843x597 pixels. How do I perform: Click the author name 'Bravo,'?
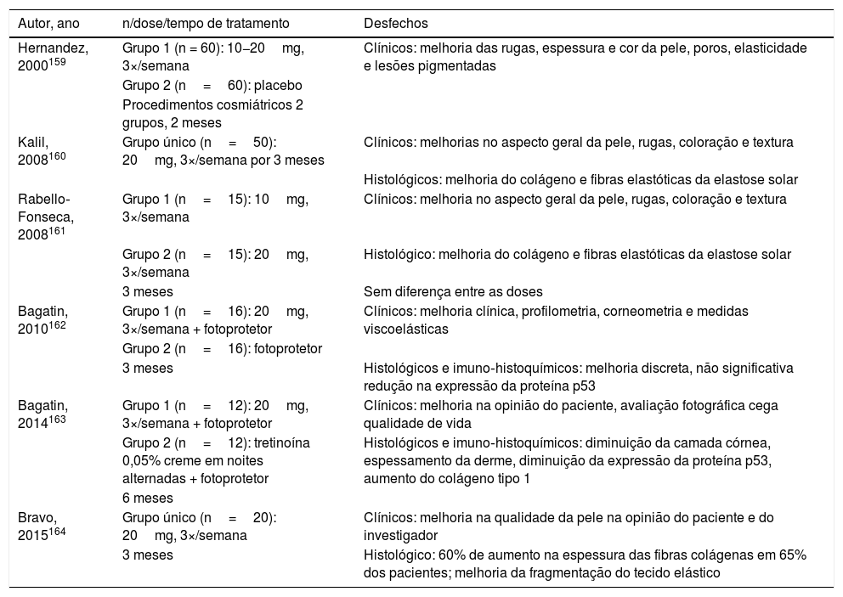tap(36, 516)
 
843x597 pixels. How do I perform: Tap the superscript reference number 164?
tap(57, 532)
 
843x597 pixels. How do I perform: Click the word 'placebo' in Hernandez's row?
tap(280, 86)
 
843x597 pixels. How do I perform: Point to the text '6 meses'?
tap(148, 498)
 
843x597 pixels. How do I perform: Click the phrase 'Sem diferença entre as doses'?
tap(449, 291)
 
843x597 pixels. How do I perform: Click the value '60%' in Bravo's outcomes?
tap(450, 555)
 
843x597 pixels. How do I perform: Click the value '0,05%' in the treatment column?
tap(142, 461)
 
